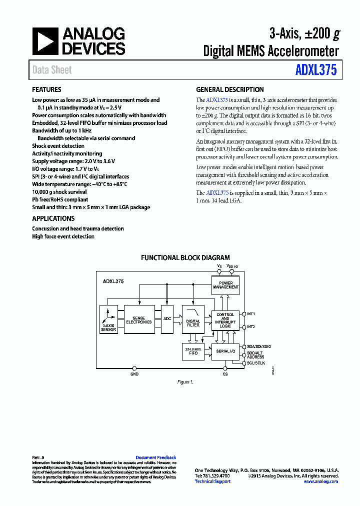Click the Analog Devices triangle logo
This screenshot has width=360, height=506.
(45, 40)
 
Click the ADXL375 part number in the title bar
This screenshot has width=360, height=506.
(316, 70)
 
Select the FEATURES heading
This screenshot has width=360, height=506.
(47, 90)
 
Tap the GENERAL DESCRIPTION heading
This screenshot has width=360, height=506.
(230, 90)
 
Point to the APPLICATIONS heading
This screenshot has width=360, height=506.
(53, 218)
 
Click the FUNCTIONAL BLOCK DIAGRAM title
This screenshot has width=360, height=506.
(185, 258)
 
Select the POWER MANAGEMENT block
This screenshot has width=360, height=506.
(225, 285)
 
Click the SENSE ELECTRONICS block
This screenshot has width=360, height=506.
(138, 320)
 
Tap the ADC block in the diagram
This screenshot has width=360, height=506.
(167, 318)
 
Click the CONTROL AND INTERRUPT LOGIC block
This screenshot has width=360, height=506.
(225, 320)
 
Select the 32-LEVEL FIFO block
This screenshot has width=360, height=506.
(193, 351)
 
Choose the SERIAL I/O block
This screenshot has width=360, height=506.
(225, 351)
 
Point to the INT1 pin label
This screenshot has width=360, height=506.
(251, 314)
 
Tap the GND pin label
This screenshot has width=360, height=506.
(134, 374)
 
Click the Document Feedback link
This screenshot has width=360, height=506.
(156, 457)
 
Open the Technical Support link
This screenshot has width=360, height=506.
(212, 481)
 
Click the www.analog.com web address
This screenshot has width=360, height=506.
(320, 481)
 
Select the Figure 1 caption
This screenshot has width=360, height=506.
(185, 382)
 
